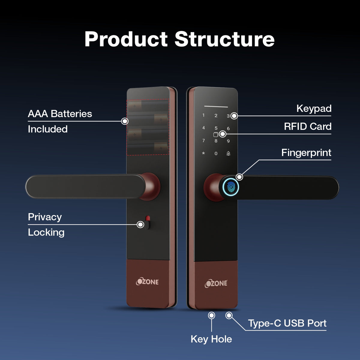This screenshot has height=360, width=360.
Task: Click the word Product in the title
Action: point(126,39)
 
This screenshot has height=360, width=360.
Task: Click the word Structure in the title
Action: point(225,39)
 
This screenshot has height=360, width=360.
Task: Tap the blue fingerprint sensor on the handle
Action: point(231,187)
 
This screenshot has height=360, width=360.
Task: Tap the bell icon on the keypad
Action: point(228,154)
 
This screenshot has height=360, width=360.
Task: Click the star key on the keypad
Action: point(203,153)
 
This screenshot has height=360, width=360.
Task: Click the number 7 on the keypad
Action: point(203,140)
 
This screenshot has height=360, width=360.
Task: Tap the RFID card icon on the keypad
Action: point(216,134)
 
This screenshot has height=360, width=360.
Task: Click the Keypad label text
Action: point(314,109)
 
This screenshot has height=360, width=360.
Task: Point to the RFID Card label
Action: point(308,127)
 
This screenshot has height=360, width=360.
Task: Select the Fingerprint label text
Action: point(306,153)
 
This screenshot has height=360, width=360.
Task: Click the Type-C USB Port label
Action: point(287,323)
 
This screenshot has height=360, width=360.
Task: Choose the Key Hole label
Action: point(211,339)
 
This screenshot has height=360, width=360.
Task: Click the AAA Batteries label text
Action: point(60,114)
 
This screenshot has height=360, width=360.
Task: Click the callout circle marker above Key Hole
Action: point(211,315)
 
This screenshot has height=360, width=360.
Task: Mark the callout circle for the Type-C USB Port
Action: point(229,315)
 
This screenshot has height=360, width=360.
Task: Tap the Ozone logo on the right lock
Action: point(216,283)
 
